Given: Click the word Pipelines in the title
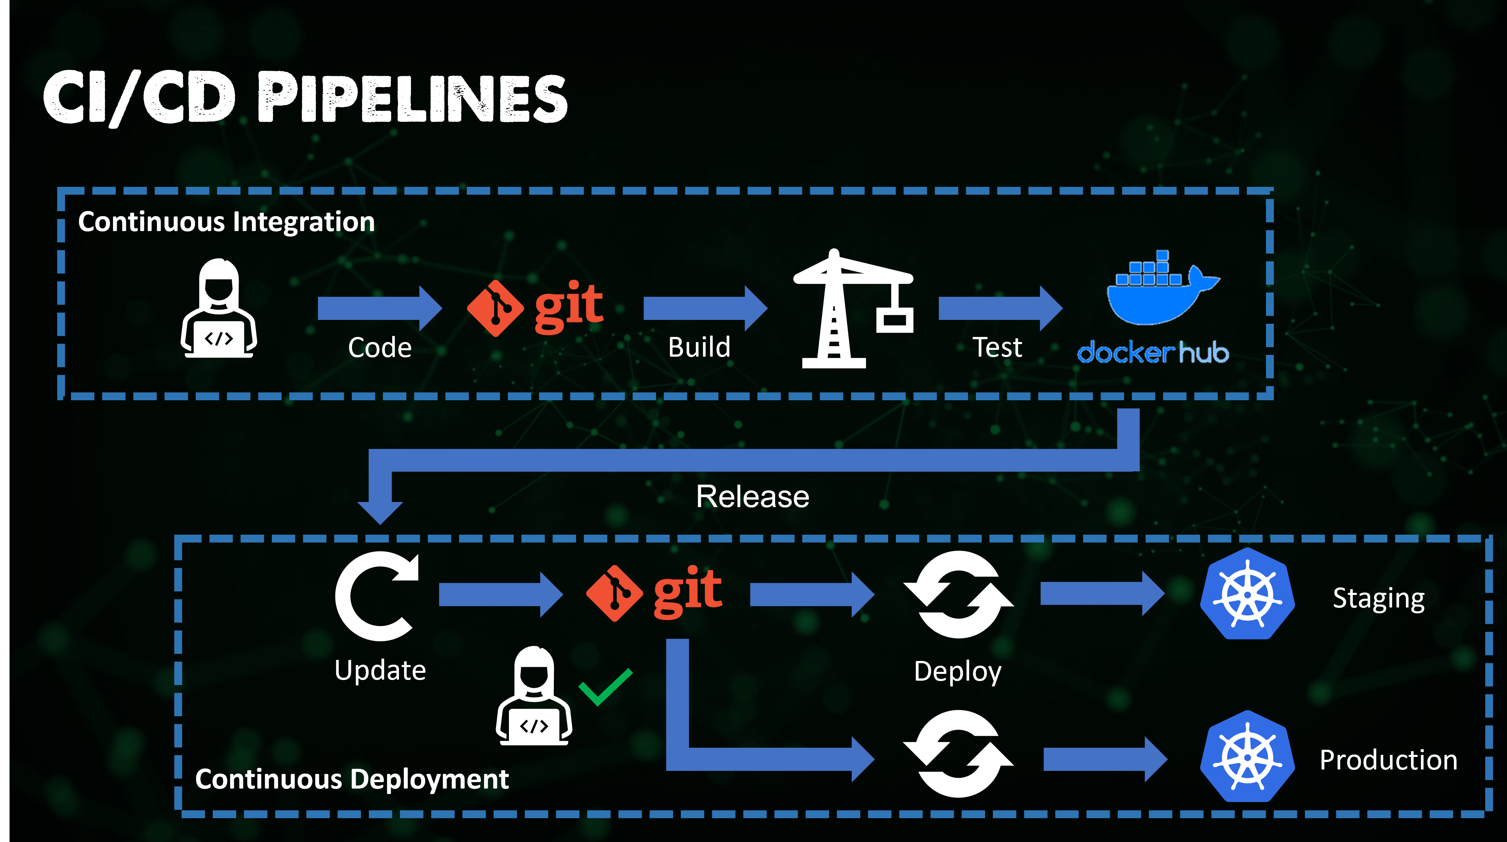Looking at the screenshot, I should pyautogui.click(x=413, y=98).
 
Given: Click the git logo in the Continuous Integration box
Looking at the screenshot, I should pyautogui.click(x=535, y=308).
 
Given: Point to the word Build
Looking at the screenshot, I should pyautogui.click(x=699, y=347).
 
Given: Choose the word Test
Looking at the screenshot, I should pyautogui.click(x=997, y=347).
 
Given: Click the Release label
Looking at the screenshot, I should pyautogui.click(x=752, y=497).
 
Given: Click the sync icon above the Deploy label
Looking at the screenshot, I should pyautogui.click(x=958, y=595).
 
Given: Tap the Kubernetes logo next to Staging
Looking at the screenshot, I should pyautogui.click(x=1247, y=594).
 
